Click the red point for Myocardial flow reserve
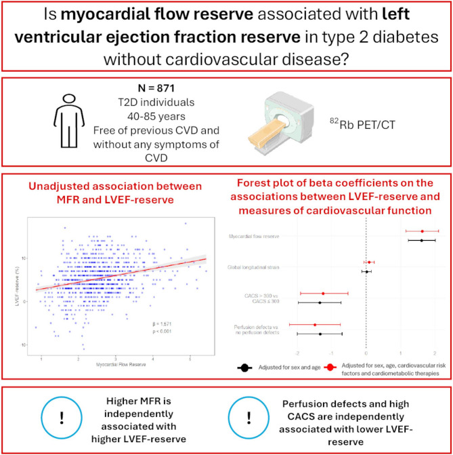coord(422,231)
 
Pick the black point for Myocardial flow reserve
coord(421,240)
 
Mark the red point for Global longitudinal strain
coord(369,262)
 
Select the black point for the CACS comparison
coord(320,302)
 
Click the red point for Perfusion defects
coord(315,325)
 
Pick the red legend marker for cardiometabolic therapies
coord(328,368)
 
